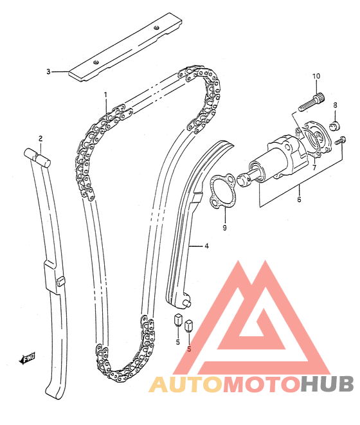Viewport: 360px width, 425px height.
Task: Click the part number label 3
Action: click(48, 72)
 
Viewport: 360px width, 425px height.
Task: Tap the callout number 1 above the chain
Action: click(105, 95)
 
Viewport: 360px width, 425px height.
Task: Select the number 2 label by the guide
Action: click(40, 139)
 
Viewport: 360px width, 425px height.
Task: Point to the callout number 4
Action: click(206, 246)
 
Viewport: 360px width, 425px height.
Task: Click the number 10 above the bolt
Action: click(316, 76)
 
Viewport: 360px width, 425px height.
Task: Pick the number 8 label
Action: click(335, 105)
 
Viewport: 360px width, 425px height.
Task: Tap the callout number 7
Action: click(314, 168)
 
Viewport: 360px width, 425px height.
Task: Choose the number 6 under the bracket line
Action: click(299, 199)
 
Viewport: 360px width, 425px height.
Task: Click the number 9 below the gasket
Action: click(224, 228)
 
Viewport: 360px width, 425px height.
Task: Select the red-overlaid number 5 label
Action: click(189, 349)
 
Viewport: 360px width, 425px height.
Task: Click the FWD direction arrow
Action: click(27, 359)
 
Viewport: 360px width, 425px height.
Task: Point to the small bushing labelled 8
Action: click(335, 125)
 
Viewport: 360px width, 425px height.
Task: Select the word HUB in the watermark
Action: click(328, 384)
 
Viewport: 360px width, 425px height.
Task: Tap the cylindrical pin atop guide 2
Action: click(37, 157)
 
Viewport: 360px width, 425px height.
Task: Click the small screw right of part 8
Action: click(341, 140)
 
